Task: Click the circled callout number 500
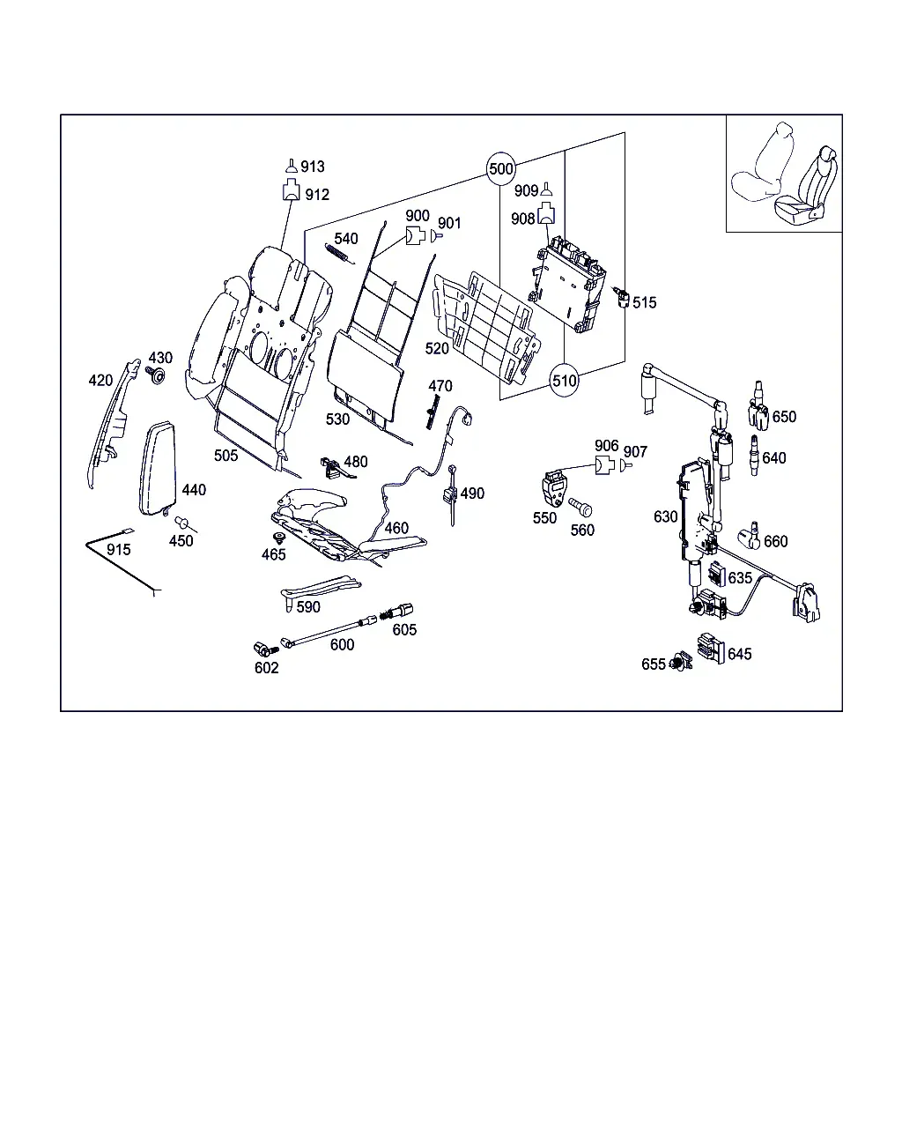click(500, 169)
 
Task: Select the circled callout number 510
click(564, 380)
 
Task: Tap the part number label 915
click(118, 549)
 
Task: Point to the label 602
click(266, 667)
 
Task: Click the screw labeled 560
click(580, 508)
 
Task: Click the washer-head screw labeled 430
click(155, 375)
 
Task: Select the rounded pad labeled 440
click(157, 468)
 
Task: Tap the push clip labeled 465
click(280, 538)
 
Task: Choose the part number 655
click(653, 664)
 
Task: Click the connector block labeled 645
click(711, 648)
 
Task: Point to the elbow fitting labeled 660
click(750, 536)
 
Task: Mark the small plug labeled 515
click(621, 297)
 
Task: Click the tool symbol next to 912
click(292, 189)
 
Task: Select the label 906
click(606, 446)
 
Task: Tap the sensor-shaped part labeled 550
click(554, 488)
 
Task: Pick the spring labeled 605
click(386, 614)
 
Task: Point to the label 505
click(225, 456)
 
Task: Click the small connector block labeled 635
click(716, 574)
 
